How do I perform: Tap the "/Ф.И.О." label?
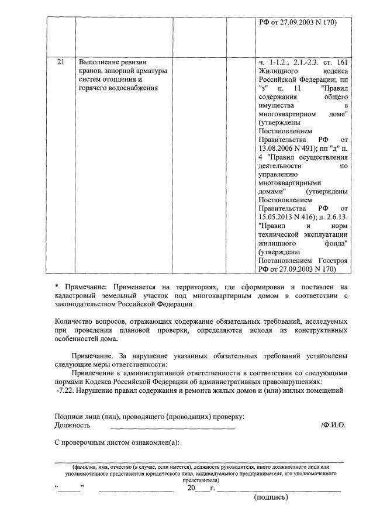pyautogui.click(x=333, y=426)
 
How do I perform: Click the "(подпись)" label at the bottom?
pyautogui.click(x=271, y=498)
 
